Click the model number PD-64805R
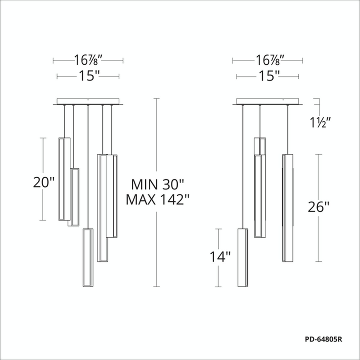point(324,339)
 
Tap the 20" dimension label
point(44,182)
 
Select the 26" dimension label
point(319,207)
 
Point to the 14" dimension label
point(220,256)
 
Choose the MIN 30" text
point(158,184)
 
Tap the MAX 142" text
point(157,199)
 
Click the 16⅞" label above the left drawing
point(88,60)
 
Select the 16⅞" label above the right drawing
point(267,60)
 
